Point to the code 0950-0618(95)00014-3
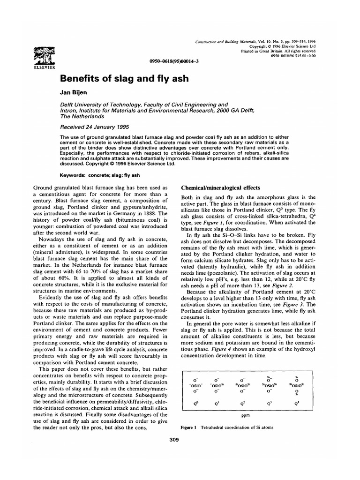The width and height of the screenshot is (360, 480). coord(171,61)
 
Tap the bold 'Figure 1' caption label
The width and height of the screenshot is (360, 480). coord(190,427)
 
